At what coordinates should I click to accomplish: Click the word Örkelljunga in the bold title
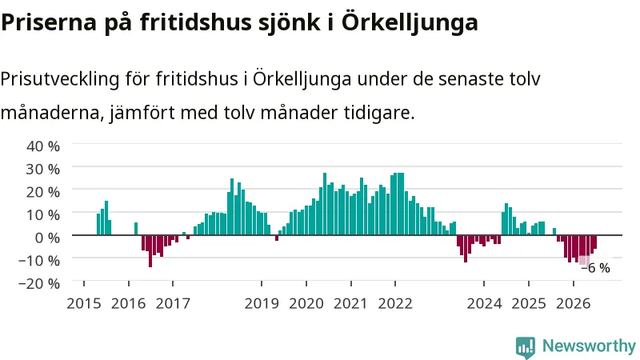tap(410, 22)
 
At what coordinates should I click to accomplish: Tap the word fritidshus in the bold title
tap(198, 22)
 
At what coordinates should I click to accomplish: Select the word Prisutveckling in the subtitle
tap(59, 79)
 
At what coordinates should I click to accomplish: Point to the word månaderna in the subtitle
tap(50, 112)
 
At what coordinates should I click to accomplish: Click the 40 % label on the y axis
tap(43, 146)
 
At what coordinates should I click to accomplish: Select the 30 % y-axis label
tap(43, 169)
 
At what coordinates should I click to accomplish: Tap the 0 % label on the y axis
tap(47, 238)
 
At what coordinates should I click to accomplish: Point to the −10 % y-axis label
tap(39, 261)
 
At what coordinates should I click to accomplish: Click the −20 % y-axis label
tap(39, 283)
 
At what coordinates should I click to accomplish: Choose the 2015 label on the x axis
tap(84, 304)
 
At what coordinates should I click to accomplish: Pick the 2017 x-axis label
tap(173, 304)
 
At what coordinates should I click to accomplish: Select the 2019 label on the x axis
tap(262, 304)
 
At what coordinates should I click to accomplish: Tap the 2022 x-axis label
tap(395, 304)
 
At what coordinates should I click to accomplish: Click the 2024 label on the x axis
tap(484, 304)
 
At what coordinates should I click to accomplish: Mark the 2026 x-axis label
tap(573, 304)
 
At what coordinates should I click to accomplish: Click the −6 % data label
tap(595, 268)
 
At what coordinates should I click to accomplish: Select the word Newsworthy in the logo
tap(589, 346)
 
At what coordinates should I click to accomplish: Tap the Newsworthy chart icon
tap(526, 348)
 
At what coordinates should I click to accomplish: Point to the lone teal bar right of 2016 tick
tap(136, 229)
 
